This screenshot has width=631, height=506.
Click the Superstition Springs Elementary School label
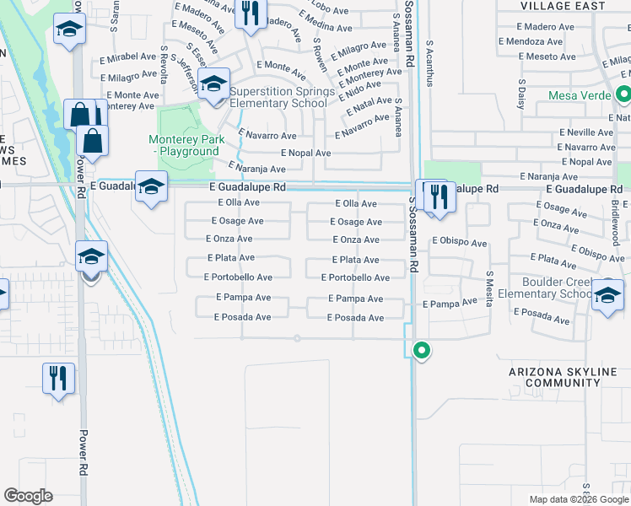[278, 97]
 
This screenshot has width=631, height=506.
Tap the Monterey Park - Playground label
[183, 145]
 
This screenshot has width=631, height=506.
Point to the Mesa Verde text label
[579, 95]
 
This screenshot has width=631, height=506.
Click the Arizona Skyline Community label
[554, 377]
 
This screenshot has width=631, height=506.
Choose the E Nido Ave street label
[363, 86]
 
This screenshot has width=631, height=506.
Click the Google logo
[28, 496]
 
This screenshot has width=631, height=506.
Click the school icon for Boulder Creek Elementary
[607, 296]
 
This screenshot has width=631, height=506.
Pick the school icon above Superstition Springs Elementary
[214, 84]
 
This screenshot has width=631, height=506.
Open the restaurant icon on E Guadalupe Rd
[439, 197]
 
